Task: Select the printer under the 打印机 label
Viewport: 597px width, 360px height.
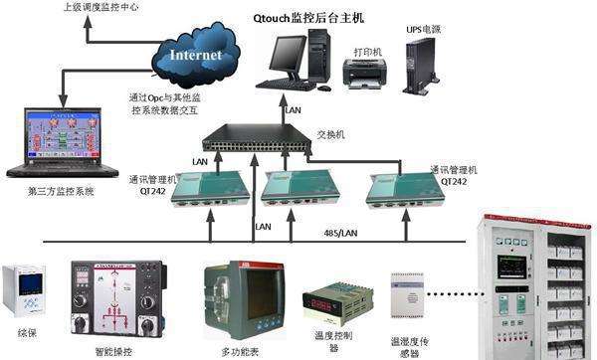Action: point(364,72)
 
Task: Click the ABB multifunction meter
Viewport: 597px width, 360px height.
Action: point(239,295)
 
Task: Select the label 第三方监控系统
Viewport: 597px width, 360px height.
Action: point(62,192)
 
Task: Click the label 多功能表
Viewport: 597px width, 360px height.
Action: point(241,351)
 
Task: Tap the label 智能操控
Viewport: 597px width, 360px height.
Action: point(112,351)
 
